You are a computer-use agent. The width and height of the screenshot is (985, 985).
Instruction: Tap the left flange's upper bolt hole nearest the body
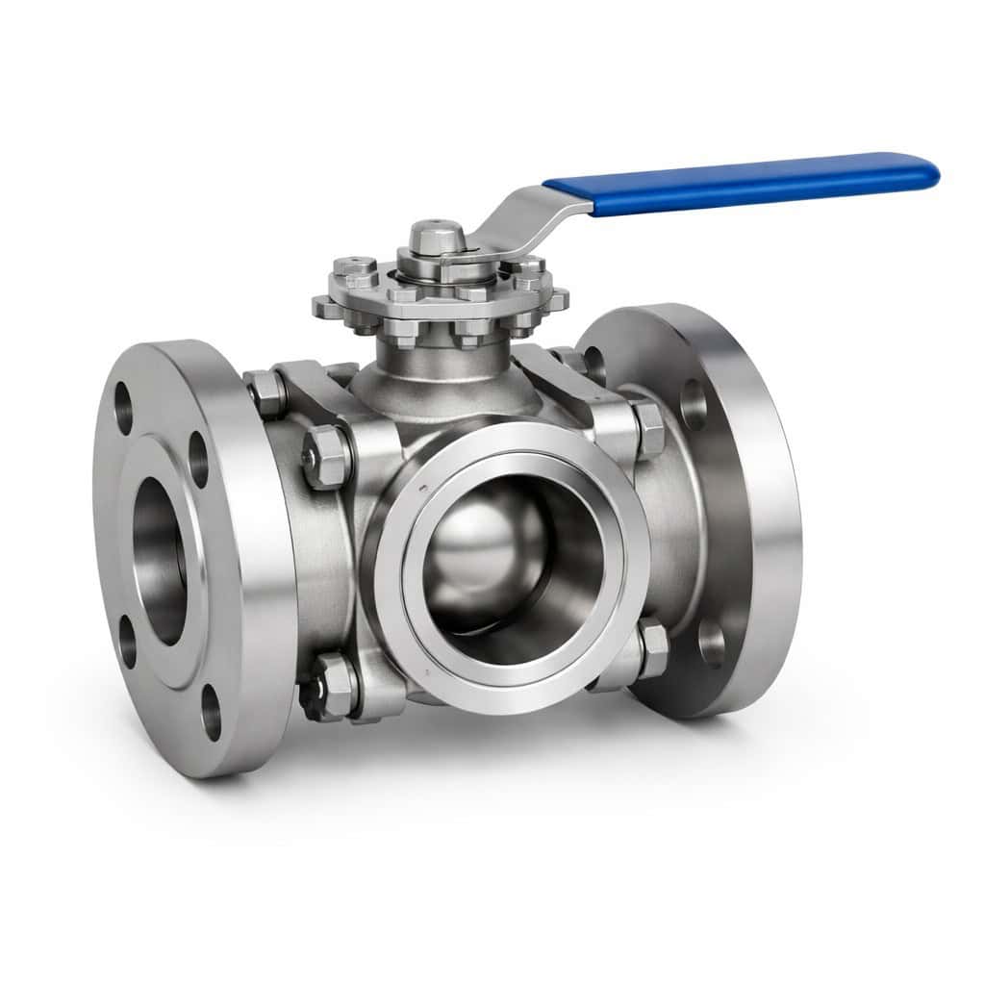pyautogui.click(x=198, y=460)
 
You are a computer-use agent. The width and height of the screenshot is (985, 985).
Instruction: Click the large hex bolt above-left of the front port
pyautogui.click(x=327, y=458)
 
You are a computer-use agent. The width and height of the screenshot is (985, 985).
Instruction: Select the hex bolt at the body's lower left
pyautogui.click(x=332, y=685)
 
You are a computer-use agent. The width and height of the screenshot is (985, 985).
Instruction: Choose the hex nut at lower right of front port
pyautogui.click(x=651, y=649)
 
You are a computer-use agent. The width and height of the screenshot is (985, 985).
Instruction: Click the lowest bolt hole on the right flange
pyautogui.click(x=712, y=643)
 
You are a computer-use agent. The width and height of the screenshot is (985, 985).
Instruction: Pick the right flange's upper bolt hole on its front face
pyautogui.click(x=694, y=403)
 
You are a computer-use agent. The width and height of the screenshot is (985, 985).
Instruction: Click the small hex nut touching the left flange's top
pyautogui.click(x=265, y=392)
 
